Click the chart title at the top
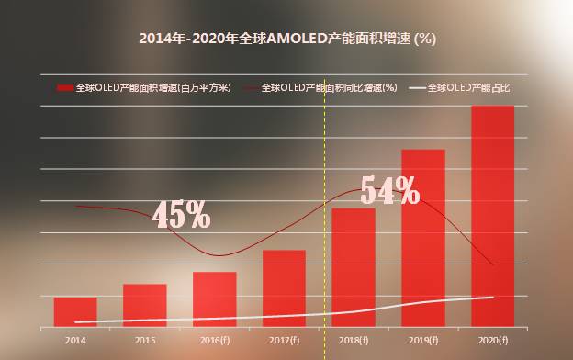click(x=286, y=39)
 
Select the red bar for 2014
click(x=75, y=311)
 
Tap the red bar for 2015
click(x=145, y=305)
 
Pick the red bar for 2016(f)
click(x=214, y=298)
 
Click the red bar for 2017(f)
click(x=284, y=287)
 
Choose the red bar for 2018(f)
click(x=354, y=266)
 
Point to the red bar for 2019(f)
click(x=423, y=237)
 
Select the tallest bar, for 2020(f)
click(x=492, y=216)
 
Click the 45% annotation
click(x=181, y=214)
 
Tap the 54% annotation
click(x=389, y=190)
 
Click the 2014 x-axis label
click(x=75, y=341)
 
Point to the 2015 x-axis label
click(x=145, y=341)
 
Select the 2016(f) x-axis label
click(x=214, y=341)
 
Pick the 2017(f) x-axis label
click(x=284, y=341)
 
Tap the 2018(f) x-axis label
click(x=354, y=341)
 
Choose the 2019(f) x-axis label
click(x=423, y=341)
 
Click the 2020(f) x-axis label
click(x=493, y=341)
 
